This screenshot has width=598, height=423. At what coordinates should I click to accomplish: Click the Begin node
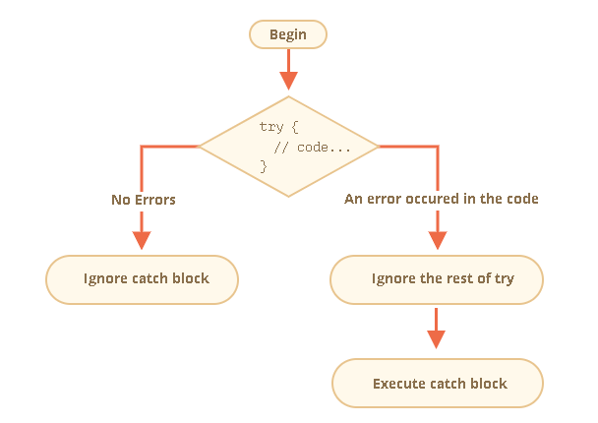click(x=287, y=34)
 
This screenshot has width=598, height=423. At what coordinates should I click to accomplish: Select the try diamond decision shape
click(x=288, y=147)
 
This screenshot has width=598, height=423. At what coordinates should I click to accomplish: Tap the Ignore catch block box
click(x=143, y=278)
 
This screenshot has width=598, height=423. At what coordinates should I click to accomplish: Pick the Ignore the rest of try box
click(x=437, y=278)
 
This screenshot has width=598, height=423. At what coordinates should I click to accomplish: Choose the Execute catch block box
click(x=437, y=383)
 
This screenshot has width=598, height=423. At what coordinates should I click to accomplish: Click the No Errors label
click(x=144, y=199)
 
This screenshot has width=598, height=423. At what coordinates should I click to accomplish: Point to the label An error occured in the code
click(x=441, y=199)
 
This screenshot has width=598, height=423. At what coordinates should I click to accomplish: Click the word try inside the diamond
click(x=271, y=128)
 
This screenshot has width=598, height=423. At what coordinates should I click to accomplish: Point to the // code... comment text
click(x=313, y=147)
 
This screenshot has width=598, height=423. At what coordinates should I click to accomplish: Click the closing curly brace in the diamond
click(x=263, y=165)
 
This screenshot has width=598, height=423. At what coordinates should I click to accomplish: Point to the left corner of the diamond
click(x=201, y=147)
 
